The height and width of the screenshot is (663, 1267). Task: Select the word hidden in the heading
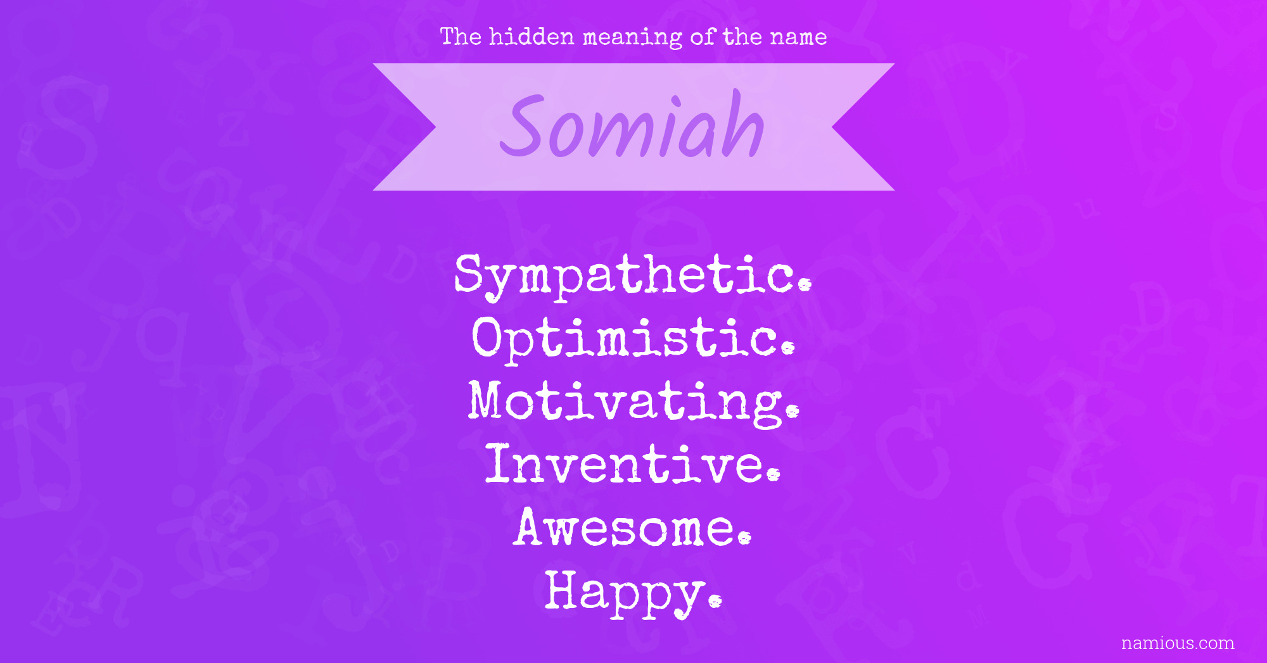tap(532, 37)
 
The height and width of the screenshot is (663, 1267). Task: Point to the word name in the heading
tap(798, 38)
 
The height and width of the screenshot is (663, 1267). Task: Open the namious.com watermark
tap(1178, 643)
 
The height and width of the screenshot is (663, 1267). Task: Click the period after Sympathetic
tap(805, 285)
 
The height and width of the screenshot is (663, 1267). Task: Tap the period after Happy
tap(715, 600)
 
